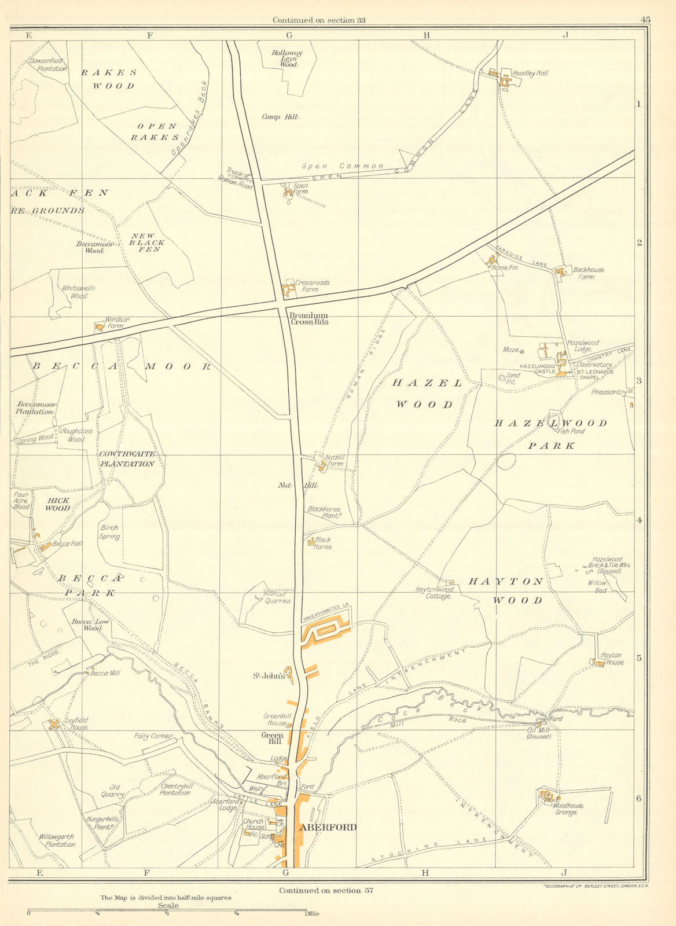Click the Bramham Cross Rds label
pos(308,318)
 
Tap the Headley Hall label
pos(530,74)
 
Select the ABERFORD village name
pos(328,827)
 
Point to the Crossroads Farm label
pos(312,286)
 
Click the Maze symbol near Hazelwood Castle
pos(521,351)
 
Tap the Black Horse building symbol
pos(311,542)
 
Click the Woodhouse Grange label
pos(568,809)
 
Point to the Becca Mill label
pos(105,673)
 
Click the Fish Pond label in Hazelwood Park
pos(570,431)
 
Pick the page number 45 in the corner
pos(645,20)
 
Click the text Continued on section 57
pos(326,890)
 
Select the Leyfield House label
pos(77,723)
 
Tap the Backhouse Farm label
pos(588,273)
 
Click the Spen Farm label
pos(301,189)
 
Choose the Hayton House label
pos(612,659)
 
